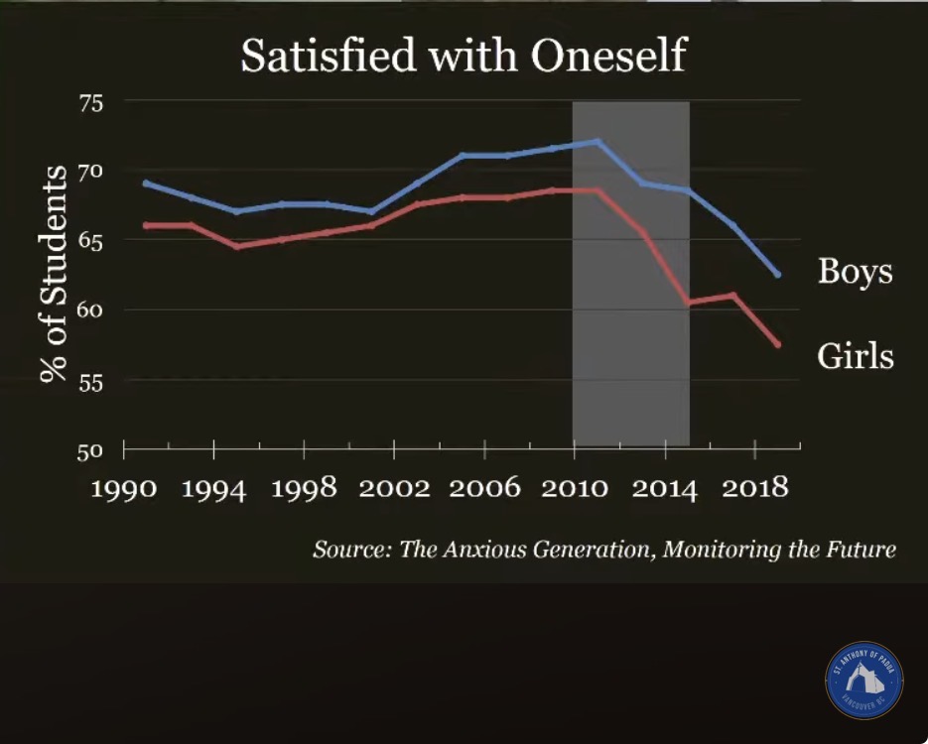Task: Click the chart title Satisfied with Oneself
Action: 464,55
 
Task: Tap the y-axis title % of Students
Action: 53,273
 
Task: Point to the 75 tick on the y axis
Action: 90,103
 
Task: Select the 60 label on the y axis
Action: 90,310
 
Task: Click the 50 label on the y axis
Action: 90,451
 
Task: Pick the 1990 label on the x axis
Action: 124,488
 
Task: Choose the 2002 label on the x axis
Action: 394,488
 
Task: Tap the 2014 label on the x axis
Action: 665,489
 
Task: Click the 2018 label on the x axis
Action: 755,488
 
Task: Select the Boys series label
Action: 856,272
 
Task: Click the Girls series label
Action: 856,356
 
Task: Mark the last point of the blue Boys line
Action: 778,275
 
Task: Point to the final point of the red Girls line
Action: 778,344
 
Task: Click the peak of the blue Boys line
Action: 597,141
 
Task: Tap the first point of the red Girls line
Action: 146,225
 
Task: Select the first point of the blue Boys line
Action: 146,183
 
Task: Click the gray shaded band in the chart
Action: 631,273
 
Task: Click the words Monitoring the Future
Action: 779,550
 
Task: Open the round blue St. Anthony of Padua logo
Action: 864,681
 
